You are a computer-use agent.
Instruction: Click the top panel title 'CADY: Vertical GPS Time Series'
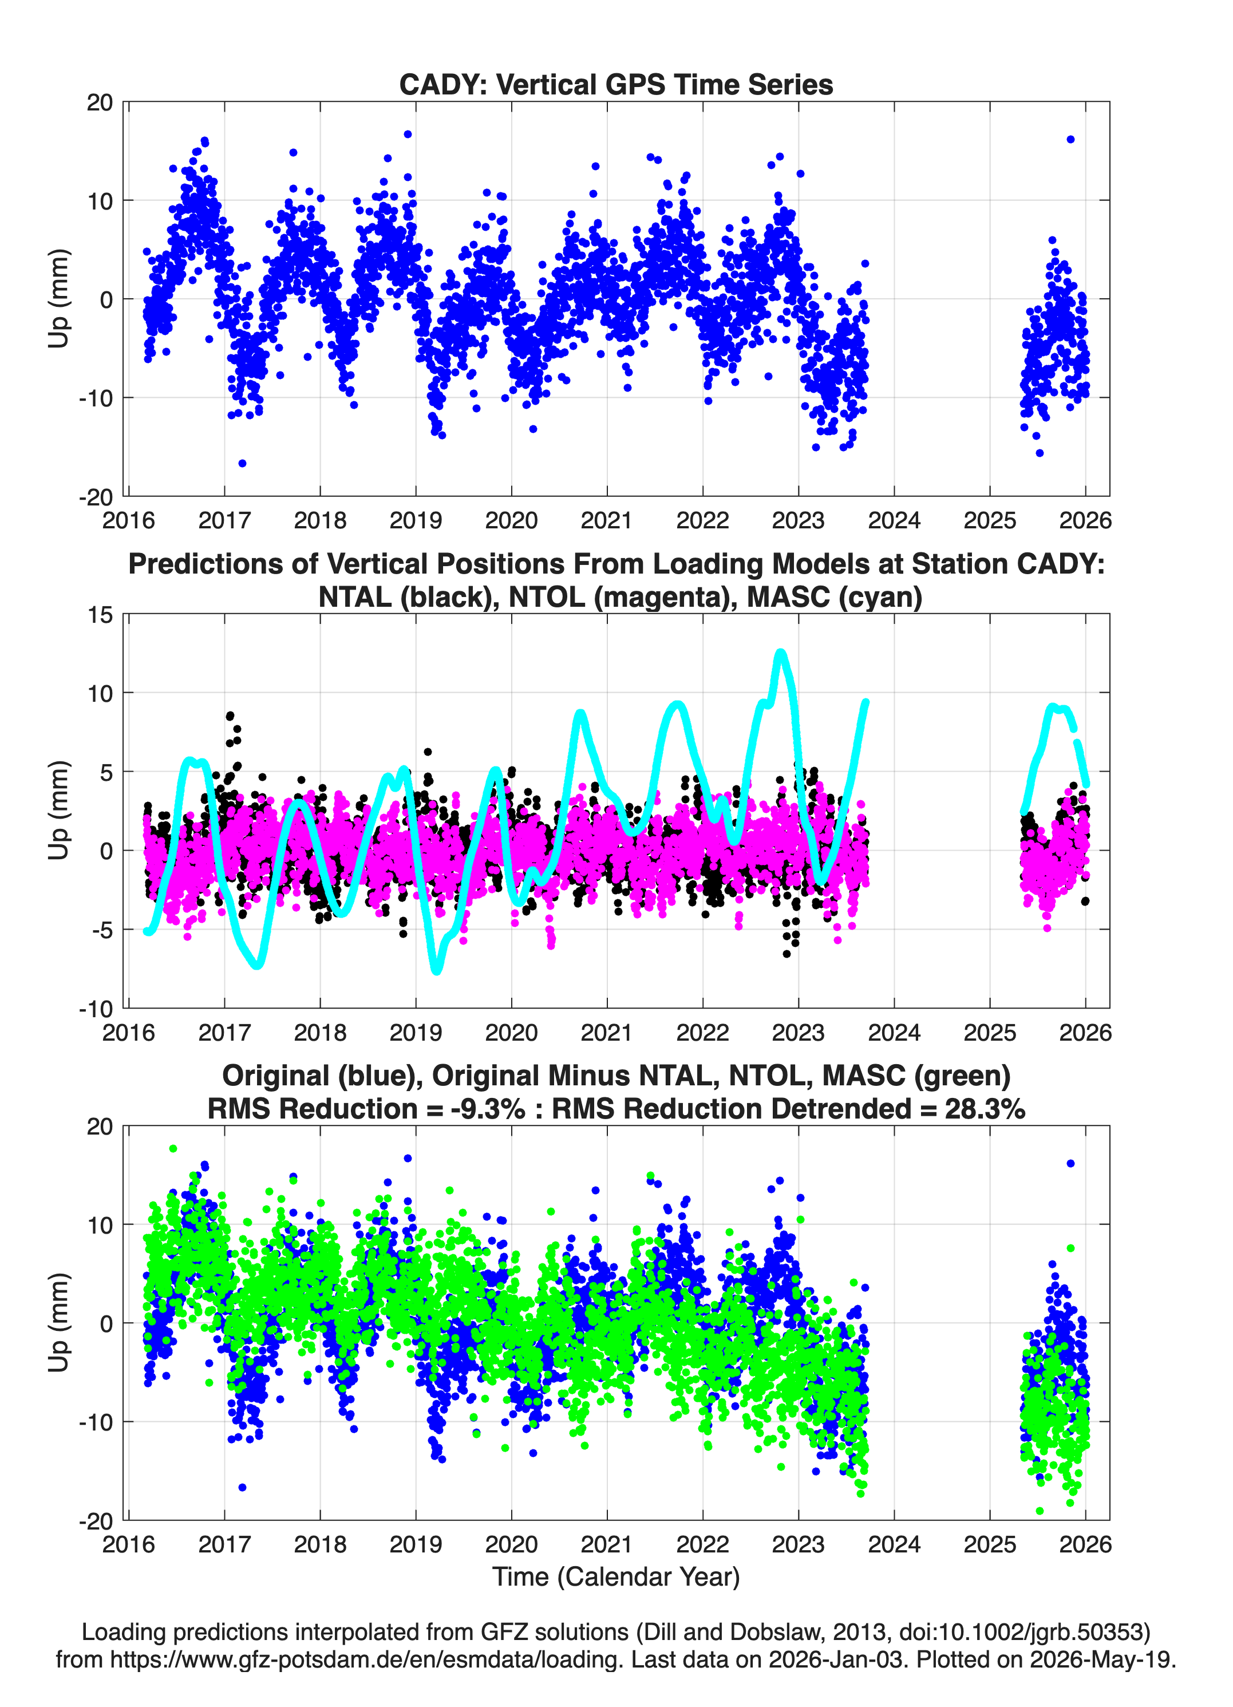616,84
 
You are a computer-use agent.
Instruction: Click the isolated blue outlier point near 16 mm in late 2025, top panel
1070,139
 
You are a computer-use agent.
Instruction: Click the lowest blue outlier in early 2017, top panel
242,463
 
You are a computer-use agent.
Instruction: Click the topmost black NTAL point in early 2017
230,716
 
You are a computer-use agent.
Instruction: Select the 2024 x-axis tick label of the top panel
894,520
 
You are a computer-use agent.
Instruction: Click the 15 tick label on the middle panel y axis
100,615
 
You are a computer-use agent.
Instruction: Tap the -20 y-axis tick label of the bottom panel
96,1521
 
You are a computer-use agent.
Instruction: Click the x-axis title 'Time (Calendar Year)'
616,1577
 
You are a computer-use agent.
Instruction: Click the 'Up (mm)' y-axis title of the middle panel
59,811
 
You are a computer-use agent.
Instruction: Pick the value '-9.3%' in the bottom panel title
485,1109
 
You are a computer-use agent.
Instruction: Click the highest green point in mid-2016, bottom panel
173,1148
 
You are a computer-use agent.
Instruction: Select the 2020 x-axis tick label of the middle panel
511,1032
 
